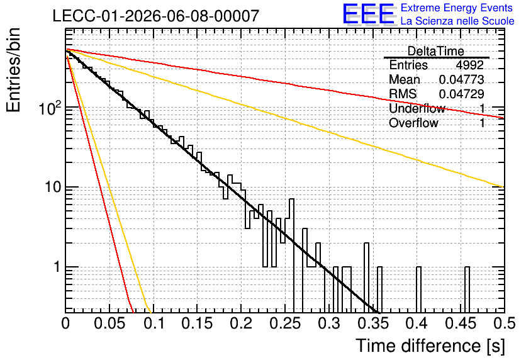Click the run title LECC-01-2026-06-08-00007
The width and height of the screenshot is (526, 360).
(156, 16)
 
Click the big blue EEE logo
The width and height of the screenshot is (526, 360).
(369, 14)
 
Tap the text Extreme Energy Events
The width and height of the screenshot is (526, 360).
(457, 8)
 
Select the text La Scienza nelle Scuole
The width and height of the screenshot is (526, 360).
(457, 21)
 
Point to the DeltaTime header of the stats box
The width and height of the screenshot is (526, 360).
(436, 51)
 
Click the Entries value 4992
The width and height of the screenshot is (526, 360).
(469, 65)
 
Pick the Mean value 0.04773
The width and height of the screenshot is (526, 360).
(461, 79)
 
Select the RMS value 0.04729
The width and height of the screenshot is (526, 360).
(461, 94)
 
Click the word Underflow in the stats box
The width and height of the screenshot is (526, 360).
(417, 108)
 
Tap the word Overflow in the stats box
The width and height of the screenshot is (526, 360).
(413, 123)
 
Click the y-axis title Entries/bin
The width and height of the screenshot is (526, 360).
(13, 70)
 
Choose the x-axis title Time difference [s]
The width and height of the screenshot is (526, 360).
(430, 346)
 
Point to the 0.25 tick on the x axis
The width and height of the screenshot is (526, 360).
(285, 323)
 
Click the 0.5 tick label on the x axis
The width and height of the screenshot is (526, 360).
(504, 323)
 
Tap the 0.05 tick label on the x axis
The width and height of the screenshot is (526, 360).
(109, 323)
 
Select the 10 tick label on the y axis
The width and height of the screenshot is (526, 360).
(53, 187)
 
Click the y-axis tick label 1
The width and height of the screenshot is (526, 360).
(57, 267)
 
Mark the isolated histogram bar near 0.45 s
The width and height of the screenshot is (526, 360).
(467, 290)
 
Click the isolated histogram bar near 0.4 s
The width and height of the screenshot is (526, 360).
(418, 290)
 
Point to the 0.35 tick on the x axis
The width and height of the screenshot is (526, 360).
(372, 323)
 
